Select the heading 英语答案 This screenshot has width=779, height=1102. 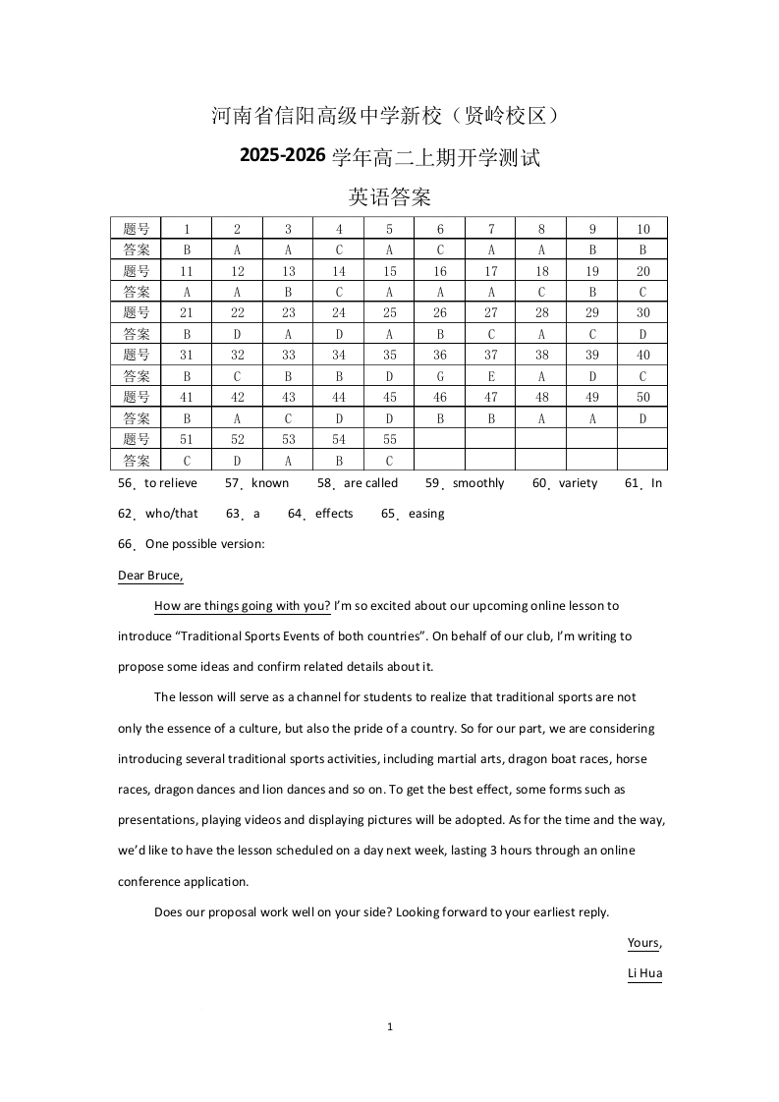[390, 197]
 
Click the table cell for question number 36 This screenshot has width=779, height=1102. [440, 355]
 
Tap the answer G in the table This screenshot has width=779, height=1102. [440, 376]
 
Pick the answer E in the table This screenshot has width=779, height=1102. [491, 376]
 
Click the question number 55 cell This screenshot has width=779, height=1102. [389, 439]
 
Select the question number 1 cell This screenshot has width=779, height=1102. [187, 229]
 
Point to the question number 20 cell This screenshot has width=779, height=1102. [642, 271]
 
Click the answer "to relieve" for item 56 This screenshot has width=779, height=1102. [171, 483]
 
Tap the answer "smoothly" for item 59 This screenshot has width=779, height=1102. [478, 483]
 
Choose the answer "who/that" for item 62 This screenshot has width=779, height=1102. [172, 514]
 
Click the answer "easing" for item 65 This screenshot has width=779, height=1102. [426, 514]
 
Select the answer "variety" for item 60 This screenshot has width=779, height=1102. [578, 483]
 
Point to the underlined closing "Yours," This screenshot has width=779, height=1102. [644, 943]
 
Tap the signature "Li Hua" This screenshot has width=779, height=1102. [644, 973]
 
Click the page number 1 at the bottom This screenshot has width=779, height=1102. [390, 1027]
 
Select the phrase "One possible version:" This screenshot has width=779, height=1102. [204, 544]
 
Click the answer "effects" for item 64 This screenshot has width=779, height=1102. [334, 514]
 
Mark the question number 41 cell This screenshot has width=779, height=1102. [187, 397]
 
